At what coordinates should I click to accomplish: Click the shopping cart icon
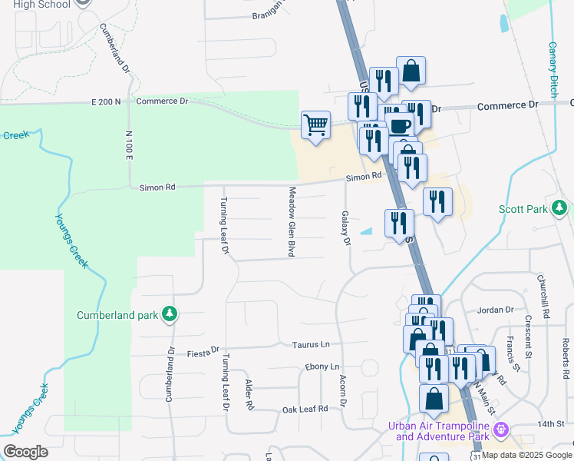(316, 124)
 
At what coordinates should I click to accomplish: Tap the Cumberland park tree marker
(170, 314)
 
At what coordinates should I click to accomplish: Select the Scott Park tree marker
(560, 207)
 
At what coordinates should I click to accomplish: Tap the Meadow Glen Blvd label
(292, 221)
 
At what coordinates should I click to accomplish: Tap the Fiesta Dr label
(203, 353)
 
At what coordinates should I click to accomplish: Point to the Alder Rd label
(249, 393)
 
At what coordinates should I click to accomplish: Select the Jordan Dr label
(495, 310)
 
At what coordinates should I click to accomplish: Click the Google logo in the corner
(25, 452)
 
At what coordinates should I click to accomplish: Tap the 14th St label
(550, 424)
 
